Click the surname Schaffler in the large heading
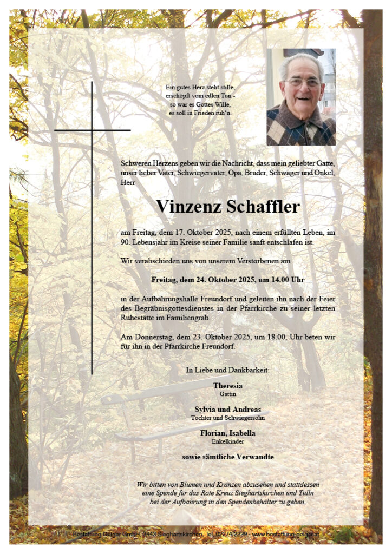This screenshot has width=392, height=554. [x=265, y=207]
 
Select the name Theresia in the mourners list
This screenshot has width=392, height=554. [x=227, y=386]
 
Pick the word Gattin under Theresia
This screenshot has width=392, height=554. [x=227, y=394]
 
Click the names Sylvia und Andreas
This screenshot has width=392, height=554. [x=227, y=410]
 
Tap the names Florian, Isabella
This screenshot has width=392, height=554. [x=227, y=433]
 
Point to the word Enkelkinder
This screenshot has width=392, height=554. [x=227, y=441]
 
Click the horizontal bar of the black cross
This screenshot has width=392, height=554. [x=92, y=130]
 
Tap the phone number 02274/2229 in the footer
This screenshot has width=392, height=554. [x=231, y=535]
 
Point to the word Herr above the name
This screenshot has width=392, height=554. [x=128, y=182]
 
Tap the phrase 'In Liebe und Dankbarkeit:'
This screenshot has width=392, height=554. [x=227, y=371]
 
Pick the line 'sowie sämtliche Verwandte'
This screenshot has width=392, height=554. [x=227, y=457]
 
